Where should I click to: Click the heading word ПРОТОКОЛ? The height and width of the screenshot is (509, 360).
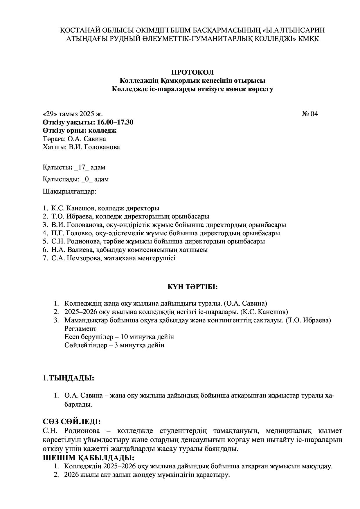(x=192, y=72)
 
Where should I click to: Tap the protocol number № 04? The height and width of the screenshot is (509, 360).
(x=310, y=114)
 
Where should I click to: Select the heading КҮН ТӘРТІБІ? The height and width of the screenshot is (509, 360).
(x=192, y=287)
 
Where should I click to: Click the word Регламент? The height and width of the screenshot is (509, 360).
(x=80, y=329)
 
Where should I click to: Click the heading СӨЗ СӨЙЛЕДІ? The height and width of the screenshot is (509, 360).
(x=72, y=422)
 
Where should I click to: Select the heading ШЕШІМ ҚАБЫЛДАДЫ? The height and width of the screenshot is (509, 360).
(x=89, y=458)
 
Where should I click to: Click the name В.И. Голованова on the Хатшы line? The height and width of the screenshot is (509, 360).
(x=94, y=147)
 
